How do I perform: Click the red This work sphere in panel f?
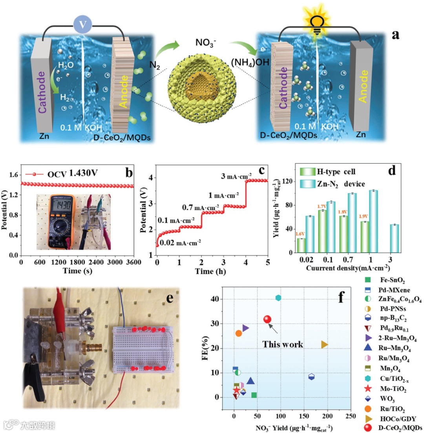click(x=267, y=319)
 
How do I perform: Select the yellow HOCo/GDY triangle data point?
click(x=324, y=345)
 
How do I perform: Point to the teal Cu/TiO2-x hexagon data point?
click(x=278, y=298)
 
